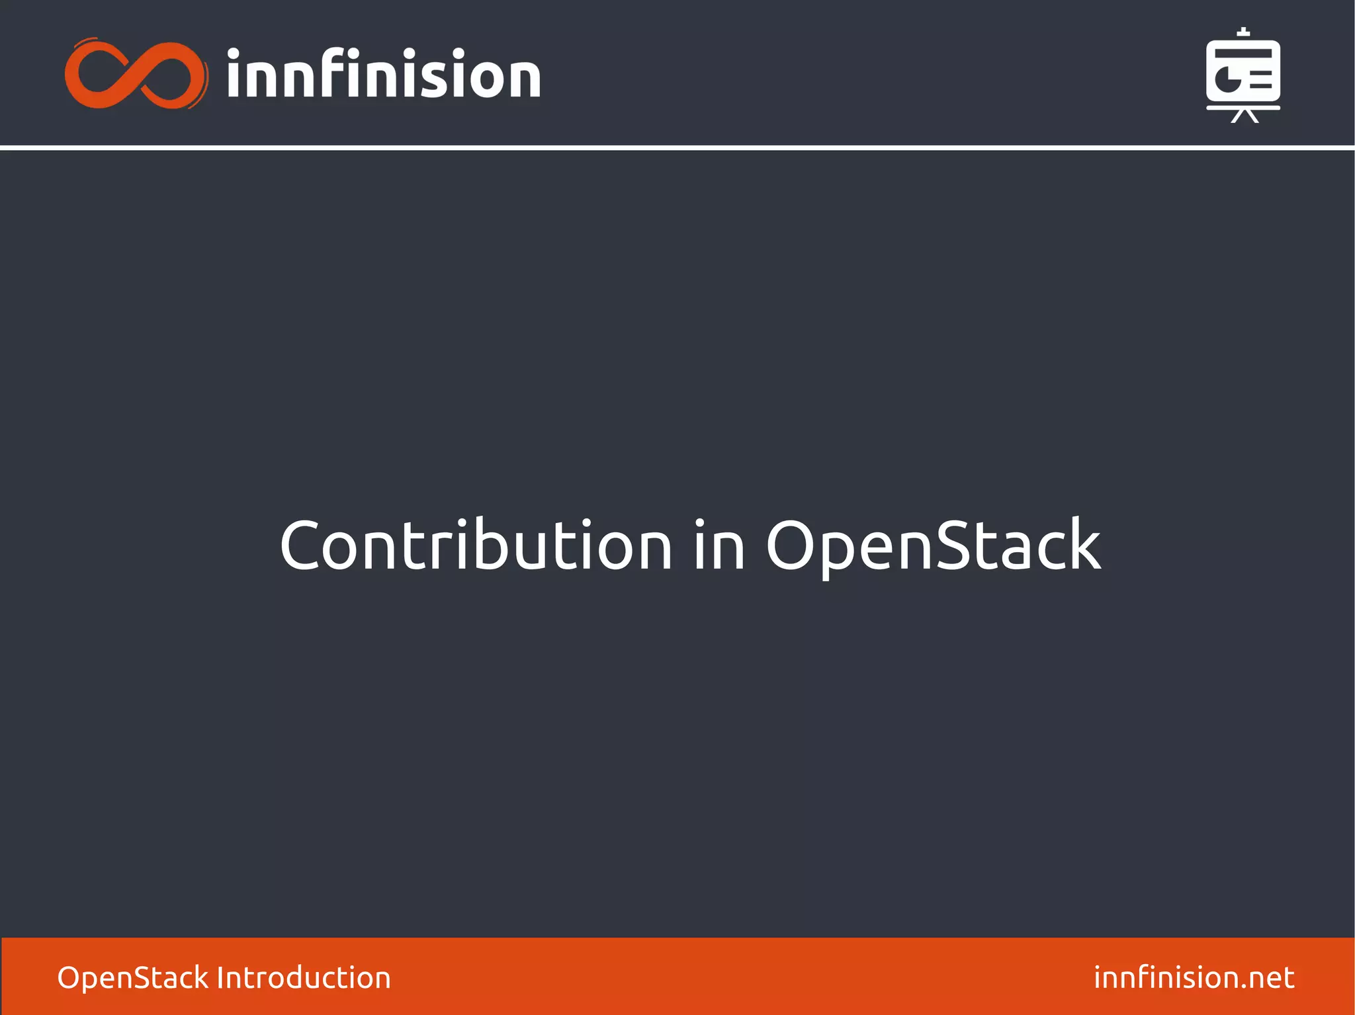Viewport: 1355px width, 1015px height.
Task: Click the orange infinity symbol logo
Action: pos(136,75)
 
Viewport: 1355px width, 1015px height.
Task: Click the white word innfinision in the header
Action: pos(384,75)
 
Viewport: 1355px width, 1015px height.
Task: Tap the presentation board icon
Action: pos(1243,74)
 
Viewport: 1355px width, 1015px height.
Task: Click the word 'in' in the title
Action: pos(719,545)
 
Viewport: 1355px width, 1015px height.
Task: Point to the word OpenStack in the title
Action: pos(933,545)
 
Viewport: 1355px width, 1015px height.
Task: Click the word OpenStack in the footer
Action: pos(132,977)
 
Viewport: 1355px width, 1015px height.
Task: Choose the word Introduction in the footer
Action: pos(304,977)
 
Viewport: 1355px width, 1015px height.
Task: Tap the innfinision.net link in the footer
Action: pos(1194,977)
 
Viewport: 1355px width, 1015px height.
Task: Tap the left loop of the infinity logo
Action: pos(99,75)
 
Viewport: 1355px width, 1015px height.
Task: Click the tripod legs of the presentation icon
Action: pos(1244,116)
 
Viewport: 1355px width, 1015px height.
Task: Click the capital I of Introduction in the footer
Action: pos(221,977)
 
